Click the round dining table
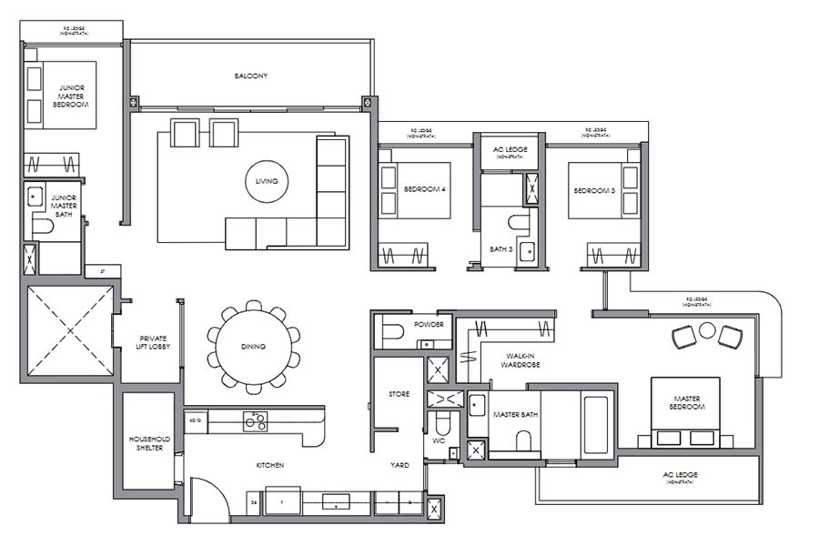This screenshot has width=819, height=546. [x=254, y=346]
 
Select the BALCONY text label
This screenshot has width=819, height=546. [x=250, y=76]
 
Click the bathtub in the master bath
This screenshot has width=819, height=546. [x=597, y=424]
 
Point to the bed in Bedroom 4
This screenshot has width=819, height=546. [x=415, y=190]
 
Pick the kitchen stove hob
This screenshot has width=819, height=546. [x=255, y=420]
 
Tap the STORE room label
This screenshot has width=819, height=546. [x=399, y=394]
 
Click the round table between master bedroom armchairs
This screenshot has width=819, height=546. [x=706, y=332]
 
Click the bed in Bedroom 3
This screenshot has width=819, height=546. [x=599, y=190]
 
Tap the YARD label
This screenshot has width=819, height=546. [x=399, y=465]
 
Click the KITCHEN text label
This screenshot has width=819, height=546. [x=269, y=465]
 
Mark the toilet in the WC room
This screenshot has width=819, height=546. [x=442, y=424]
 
